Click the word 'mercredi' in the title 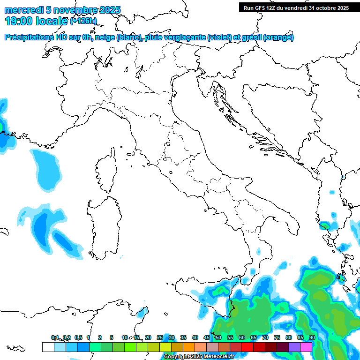(23, 10)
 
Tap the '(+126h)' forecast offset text (83, 21)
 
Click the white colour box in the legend (48, 347)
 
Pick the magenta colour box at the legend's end (306, 347)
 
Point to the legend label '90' (312, 337)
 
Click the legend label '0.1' (55, 337)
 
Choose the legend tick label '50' (218, 337)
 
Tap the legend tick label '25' (159, 337)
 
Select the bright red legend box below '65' (247, 347)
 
